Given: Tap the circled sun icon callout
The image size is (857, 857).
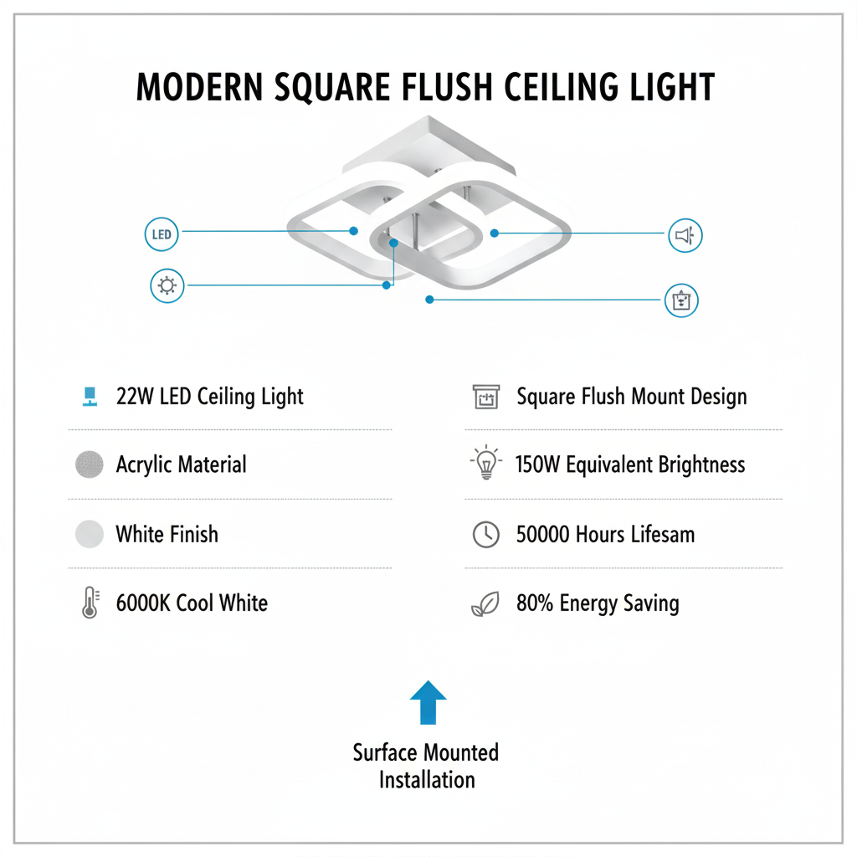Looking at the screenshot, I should click(x=167, y=285).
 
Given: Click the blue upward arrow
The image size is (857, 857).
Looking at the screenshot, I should click(x=428, y=701).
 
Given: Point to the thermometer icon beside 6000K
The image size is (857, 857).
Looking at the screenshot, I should click(x=90, y=603).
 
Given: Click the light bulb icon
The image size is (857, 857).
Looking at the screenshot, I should click(x=486, y=465).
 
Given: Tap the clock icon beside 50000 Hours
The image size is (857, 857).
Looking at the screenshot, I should click(x=486, y=534).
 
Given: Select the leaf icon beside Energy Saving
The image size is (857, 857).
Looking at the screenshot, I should click(x=486, y=603).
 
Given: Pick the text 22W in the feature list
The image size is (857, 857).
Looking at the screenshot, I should click(x=132, y=397).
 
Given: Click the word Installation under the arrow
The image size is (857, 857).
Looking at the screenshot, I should click(x=427, y=780).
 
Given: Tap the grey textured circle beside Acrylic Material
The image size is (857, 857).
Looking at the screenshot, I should click(x=90, y=465).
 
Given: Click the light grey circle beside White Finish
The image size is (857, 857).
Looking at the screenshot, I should click(x=90, y=534).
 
